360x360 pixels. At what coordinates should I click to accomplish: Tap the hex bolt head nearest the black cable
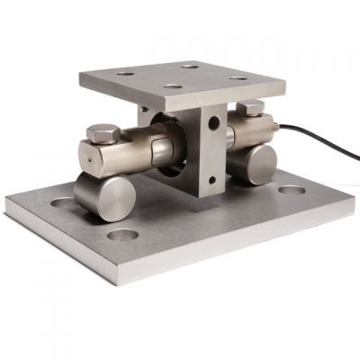[x=251, y=109]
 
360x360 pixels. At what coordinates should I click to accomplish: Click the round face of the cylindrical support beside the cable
[x=263, y=166]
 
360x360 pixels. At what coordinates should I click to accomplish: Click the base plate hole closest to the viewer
[x=122, y=235]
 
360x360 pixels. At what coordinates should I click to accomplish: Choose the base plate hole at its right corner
[x=292, y=190]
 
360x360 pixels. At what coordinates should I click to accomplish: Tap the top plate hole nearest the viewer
[x=172, y=88]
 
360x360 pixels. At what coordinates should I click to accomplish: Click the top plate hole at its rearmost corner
[x=190, y=65]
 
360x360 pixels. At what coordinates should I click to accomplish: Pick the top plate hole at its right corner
[x=238, y=77]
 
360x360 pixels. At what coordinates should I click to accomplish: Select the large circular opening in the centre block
[x=170, y=139]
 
